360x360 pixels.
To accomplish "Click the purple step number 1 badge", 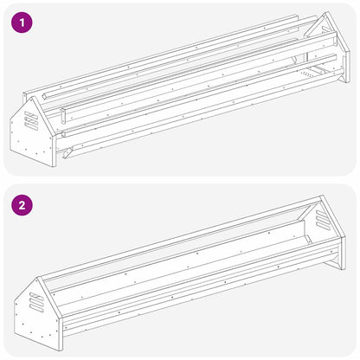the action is click(22, 22).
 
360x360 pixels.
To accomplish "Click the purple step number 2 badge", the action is click(22, 205).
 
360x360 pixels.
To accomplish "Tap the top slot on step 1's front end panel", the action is click(30, 115).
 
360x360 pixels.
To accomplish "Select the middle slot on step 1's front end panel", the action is click(31, 120).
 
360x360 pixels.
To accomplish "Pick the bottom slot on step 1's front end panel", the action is click(31, 125).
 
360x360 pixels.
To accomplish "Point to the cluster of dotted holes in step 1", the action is click(306, 74).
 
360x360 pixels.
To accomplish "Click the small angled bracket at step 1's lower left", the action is click(67, 152).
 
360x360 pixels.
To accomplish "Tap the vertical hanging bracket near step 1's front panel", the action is click(63, 116).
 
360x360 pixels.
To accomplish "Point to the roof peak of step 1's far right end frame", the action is click(327, 13).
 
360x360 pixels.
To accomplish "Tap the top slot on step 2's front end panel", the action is click(35, 297).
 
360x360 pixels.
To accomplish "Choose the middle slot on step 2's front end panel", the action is click(36, 302).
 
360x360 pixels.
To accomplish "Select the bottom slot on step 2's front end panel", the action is click(37, 308).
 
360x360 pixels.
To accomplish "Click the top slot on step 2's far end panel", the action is click(321, 214).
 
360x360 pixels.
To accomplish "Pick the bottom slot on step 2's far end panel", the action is click(324, 225).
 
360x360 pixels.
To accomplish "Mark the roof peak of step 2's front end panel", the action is click(38, 278).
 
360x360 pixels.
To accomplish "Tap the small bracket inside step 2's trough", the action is click(309, 240).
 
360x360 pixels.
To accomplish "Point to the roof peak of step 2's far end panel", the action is click(321, 196).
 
